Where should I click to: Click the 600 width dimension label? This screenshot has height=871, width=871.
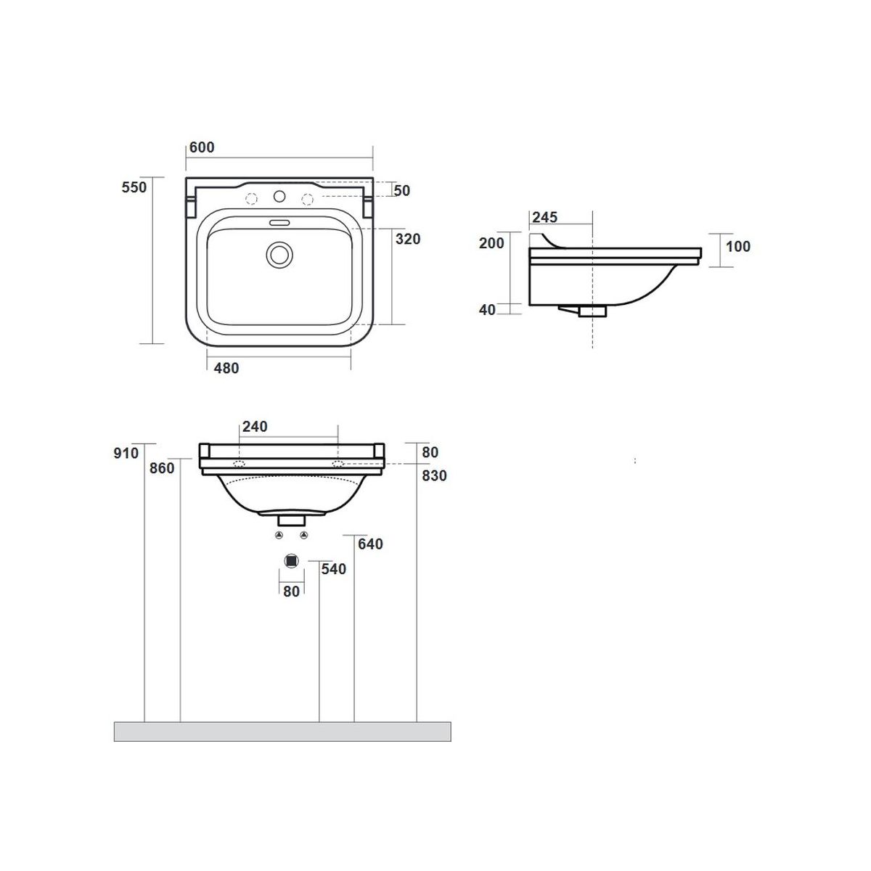pos(202,147)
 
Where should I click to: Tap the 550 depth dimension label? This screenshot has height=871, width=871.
pos(134,187)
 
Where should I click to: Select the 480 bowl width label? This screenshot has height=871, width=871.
pos(226,369)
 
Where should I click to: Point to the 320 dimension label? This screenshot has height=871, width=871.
pos(408,239)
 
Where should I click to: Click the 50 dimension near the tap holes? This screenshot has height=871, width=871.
pos(402,191)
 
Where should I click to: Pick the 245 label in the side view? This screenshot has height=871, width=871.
pos(544,218)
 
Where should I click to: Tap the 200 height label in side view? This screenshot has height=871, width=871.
pos(491,243)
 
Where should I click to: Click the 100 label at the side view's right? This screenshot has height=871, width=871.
pos(738,246)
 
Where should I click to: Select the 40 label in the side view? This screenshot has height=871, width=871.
pos(487,310)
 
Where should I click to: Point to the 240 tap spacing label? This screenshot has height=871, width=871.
pos(255,426)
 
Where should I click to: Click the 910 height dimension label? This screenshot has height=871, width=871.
pos(126,453)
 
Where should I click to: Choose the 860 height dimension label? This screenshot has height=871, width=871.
pos(162,468)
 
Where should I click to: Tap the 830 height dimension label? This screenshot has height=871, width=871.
pos(434,475)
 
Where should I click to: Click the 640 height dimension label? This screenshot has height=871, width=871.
pos(370,544)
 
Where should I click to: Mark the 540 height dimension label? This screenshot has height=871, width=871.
pos(334,569)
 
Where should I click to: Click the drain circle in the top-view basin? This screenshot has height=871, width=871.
pos(279,255)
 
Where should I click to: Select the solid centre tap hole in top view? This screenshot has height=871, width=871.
pos(279,196)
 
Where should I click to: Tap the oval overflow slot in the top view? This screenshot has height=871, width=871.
pos(279,223)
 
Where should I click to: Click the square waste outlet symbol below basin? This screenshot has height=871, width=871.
pos(292,561)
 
